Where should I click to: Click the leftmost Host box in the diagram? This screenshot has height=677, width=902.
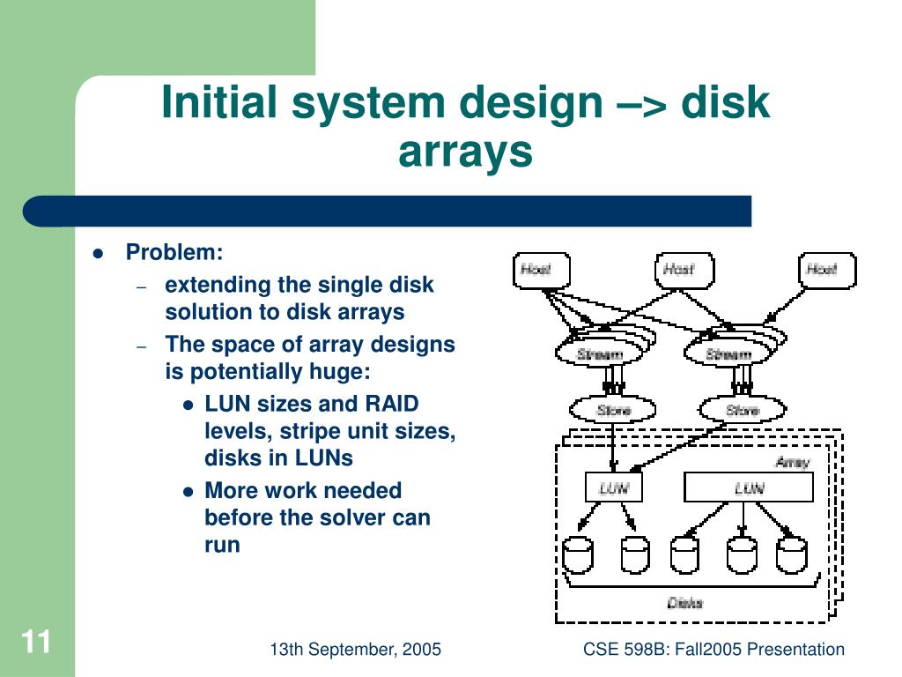click(x=542, y=270)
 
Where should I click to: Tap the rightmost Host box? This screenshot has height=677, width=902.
click(x=827, y=270)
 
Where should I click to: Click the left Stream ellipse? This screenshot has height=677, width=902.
click(x=600, y=354)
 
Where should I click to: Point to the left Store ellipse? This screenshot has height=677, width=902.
click(x=614, y=410)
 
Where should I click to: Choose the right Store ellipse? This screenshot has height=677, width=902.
click(x=743, y=410)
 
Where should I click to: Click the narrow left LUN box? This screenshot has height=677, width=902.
click(x=614, y=487)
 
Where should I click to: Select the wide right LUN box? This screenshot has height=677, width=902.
click(x=749, y=487)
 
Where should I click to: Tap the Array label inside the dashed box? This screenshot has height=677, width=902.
click(x=792, y=462)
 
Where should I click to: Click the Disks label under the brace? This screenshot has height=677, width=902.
click(x=685, y=603)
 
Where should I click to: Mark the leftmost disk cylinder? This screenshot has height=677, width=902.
click(x=578, y=554)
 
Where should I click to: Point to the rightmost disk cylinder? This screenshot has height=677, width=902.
click(x=791, y=554)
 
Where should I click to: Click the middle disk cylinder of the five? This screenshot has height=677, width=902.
click(x=684, y=554)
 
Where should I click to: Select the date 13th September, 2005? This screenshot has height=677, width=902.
click(x=355, y=650)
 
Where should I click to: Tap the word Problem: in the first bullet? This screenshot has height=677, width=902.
click(x=174, y=253)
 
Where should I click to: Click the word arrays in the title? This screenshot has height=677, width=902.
click(x=466, y=151)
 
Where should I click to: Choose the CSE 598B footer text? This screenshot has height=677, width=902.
click(x=713, y=650)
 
